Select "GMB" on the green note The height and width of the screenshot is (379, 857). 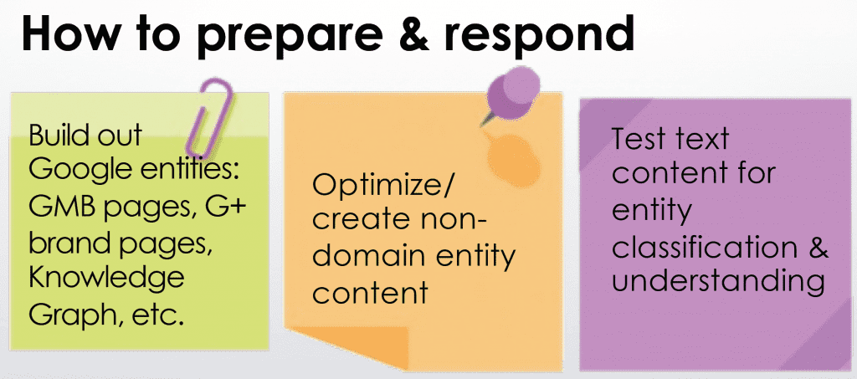[x=60, y=208]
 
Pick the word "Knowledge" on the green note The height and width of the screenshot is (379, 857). [x=106, y=279]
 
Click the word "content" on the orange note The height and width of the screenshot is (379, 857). [x=369, y=292]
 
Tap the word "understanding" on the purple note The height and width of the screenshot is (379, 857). [x=718, y=284]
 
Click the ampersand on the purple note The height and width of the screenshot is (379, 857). [x=817, y=248]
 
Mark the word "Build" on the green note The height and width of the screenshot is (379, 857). [x=54, y=135]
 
